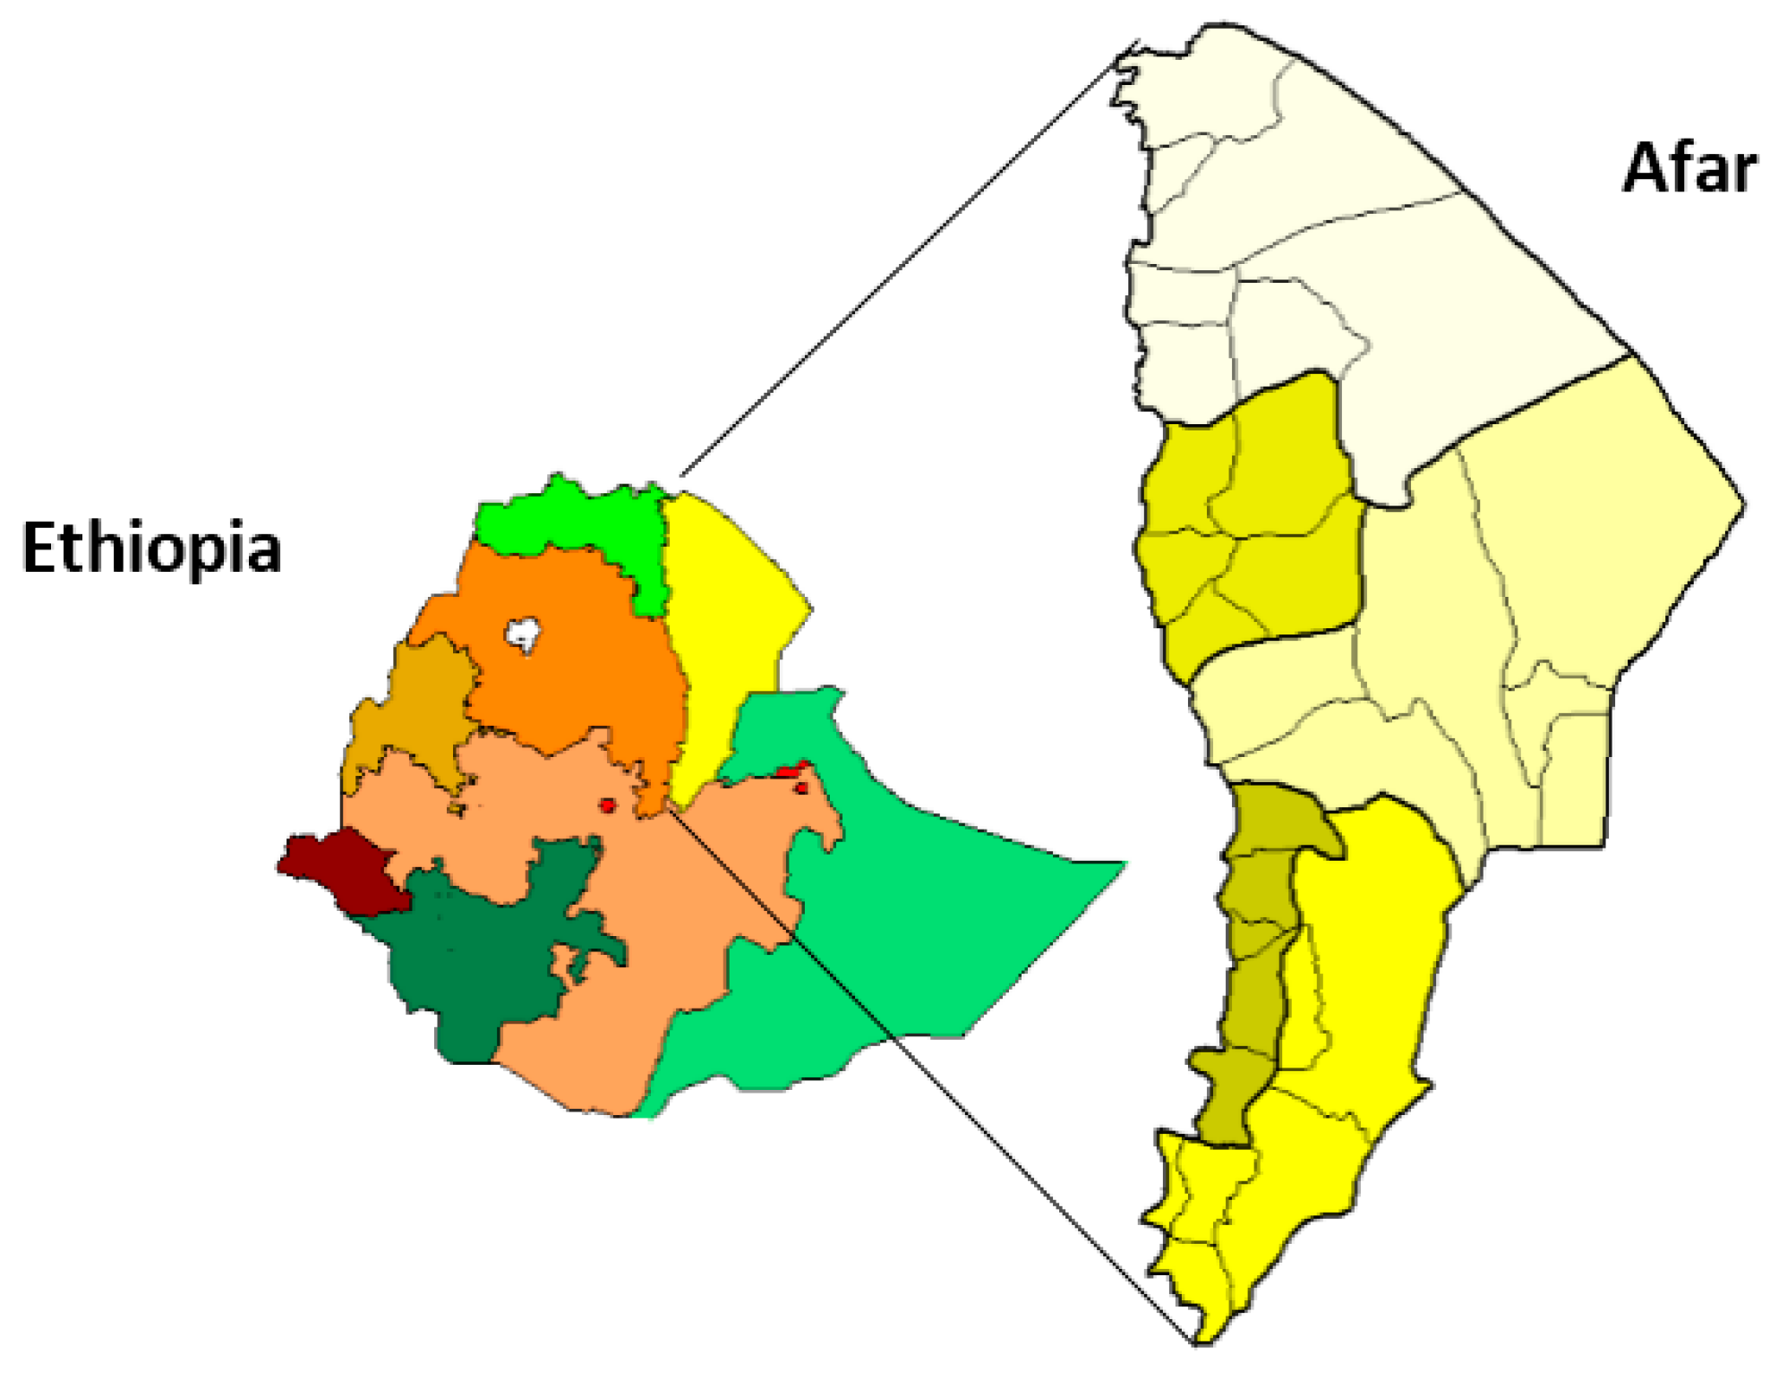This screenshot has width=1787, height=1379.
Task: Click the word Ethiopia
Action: pyautogui.click(x=151, y=548)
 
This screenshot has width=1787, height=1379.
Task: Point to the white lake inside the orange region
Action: pyautogui.click(x=522, y=634)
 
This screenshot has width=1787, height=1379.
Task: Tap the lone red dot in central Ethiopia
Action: pyautogui.click(x=608, y=805)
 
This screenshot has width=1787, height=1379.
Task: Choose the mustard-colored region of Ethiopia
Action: pyautogui.click(x=421, y=707)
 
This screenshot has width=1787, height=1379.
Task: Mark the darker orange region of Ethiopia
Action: pyautogui.click(x=573, y=662)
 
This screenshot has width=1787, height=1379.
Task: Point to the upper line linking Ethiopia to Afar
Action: pyautogui.click(x=895, y=260)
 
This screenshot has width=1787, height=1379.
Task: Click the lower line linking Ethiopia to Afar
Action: pyautogui.click(x=940, y=1083)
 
